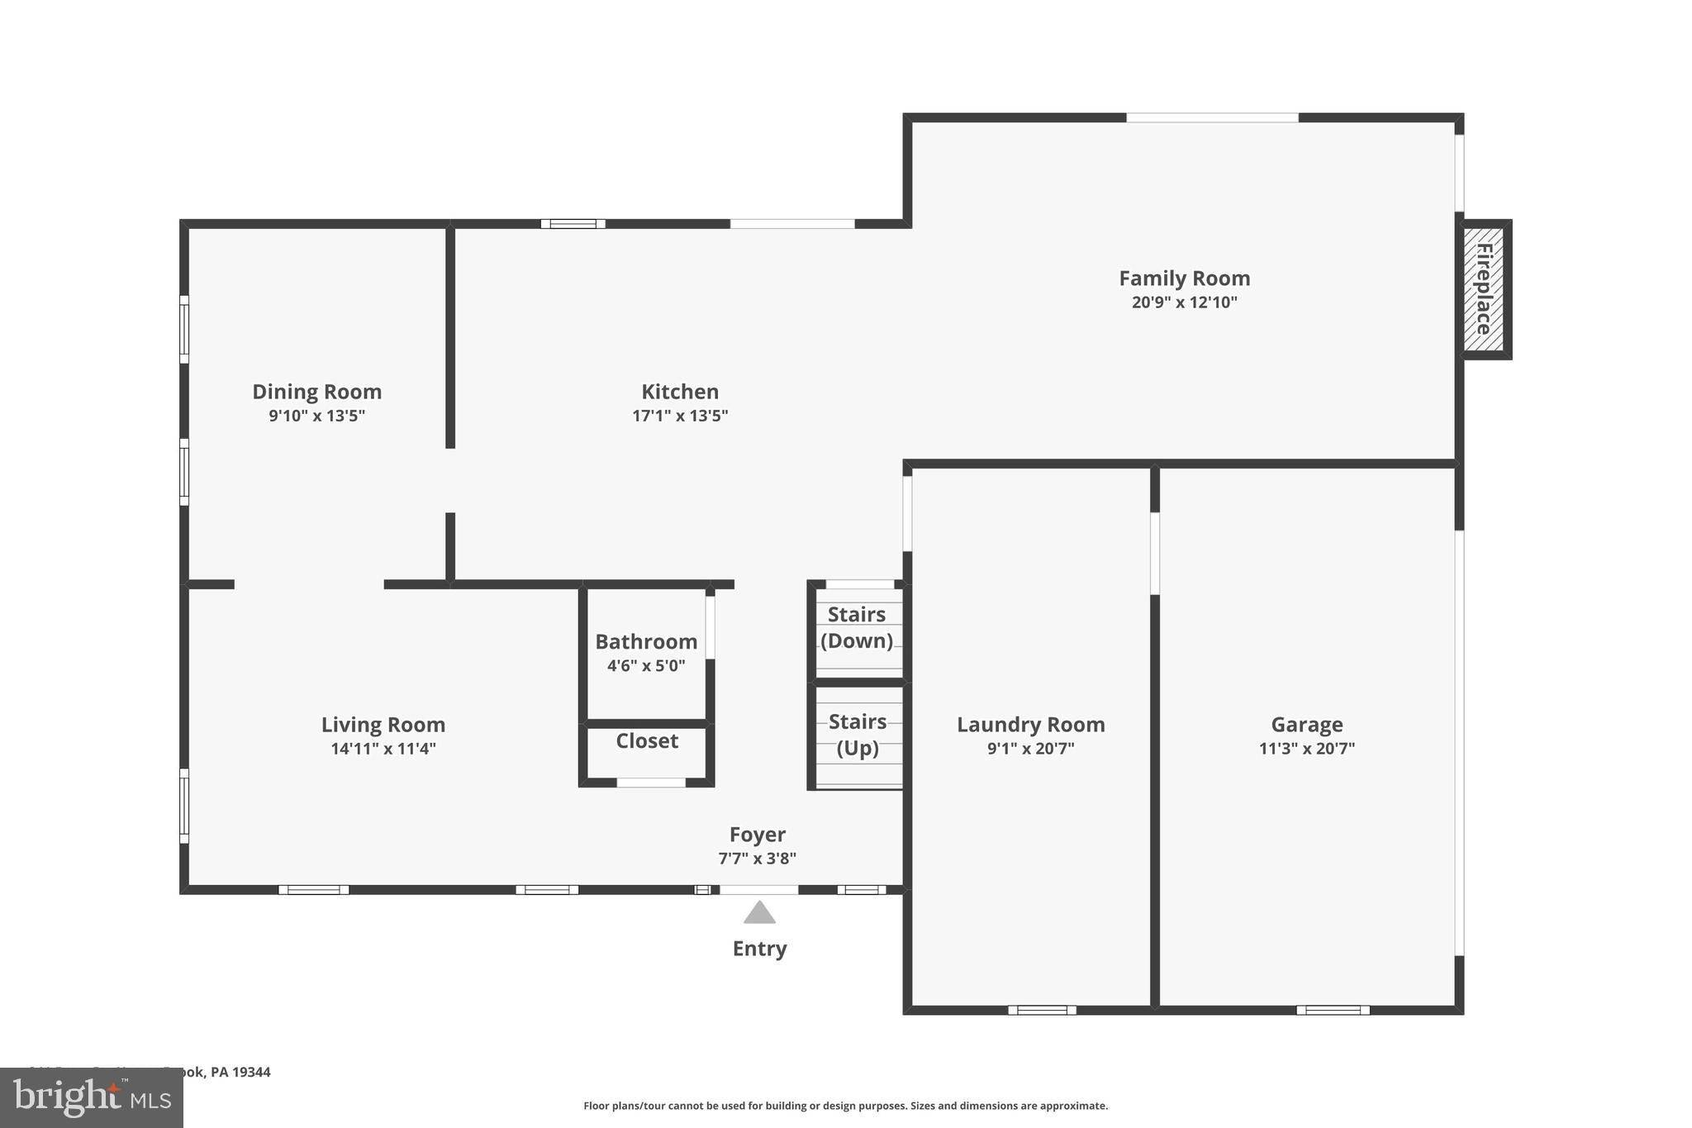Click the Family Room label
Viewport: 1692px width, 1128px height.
(1184, 278)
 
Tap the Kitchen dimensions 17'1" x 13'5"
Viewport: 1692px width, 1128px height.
(680, 416)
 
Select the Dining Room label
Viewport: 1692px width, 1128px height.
(316, 392)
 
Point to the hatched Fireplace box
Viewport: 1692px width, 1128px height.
(1484, 289)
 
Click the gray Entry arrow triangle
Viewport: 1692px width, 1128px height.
(759, 913)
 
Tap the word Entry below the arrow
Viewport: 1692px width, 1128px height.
(759, 949)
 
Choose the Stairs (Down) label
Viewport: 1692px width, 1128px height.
(857, 628)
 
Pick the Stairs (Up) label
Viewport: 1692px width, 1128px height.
(858, 735)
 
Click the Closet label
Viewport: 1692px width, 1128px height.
(647, 741)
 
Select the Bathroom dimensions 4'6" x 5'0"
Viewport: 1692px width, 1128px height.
(646, 666)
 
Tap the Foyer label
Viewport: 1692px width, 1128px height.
(757, 835)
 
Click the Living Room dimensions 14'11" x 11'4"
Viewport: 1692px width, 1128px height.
(383, 750)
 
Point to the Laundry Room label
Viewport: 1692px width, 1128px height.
(1030, 725)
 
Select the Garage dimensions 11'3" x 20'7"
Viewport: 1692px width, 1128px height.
(1306, 750)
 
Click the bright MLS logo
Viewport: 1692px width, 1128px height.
(91, 1098)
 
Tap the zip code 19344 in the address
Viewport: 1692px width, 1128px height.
(251, 1073)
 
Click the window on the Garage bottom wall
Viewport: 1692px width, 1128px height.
(1333, 1010)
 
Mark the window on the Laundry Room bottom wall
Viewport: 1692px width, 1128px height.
(1042, 1010)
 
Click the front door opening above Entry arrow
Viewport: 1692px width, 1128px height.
(758, 890)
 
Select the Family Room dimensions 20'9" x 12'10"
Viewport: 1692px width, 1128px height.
(1184, 302)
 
